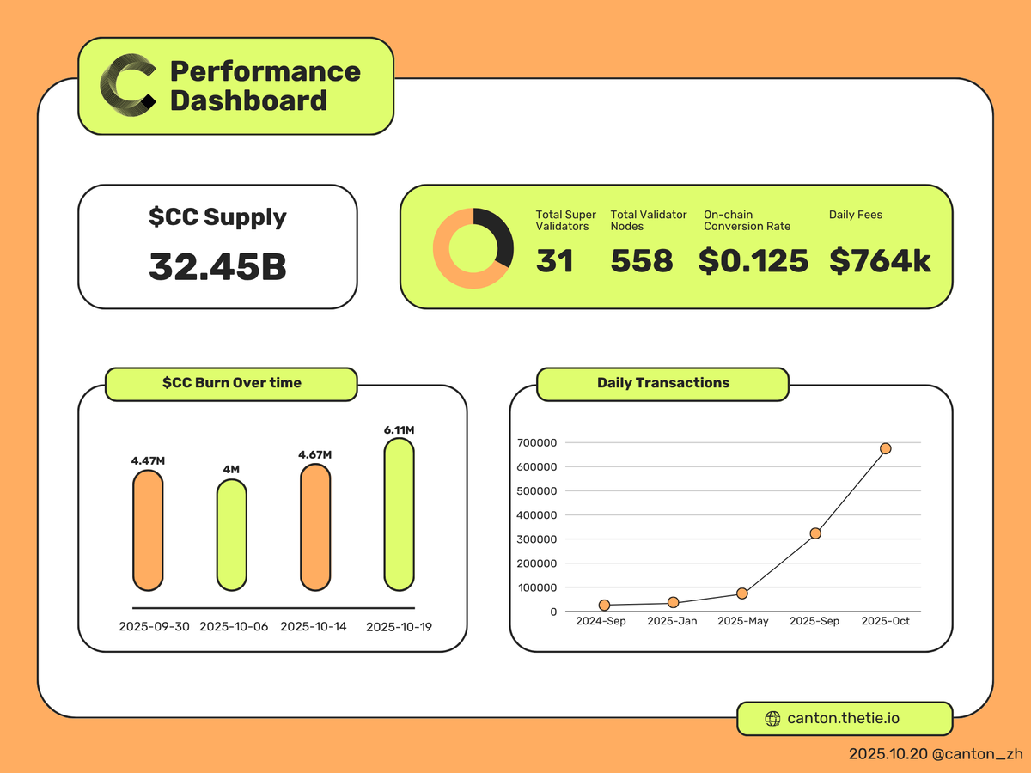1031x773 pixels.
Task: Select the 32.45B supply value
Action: point(217,266)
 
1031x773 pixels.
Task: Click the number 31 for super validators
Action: point(555,261)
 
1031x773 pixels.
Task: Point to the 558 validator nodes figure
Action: point(642,261)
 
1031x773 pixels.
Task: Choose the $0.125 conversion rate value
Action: point(753,261)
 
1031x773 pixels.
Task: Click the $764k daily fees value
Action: point(880,261)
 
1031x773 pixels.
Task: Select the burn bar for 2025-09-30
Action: point(148,530)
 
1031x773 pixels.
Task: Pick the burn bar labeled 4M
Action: point(232,534)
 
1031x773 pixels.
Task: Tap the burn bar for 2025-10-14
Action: point(315,527)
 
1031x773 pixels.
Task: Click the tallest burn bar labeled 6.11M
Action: point(399,514)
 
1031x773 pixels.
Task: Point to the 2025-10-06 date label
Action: point(234,627)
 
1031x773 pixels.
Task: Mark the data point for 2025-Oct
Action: point(886,448)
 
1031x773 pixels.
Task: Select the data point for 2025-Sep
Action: point(815,533)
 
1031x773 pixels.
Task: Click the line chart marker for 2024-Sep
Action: point(605,605)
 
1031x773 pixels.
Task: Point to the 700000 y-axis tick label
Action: point(536,442)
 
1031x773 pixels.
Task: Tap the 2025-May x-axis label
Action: point(743,621)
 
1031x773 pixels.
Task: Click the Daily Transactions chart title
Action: point(663,383)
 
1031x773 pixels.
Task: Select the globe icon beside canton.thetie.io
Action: point(772,719)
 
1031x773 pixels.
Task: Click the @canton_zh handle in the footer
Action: point(977,754)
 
